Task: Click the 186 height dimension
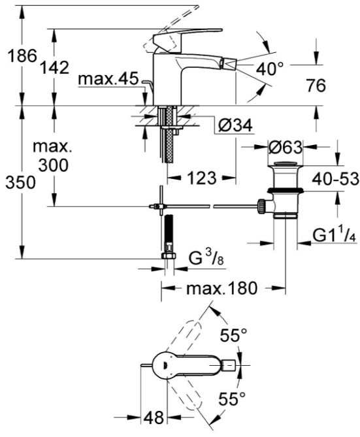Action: pos(22,55)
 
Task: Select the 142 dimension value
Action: pos(55,67)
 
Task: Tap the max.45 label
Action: pos(108,79)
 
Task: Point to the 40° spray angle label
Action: pos(269,69)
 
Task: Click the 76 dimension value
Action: pos(316,86)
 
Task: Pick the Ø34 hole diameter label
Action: pos(235,125)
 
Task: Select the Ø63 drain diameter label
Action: pos(285,148)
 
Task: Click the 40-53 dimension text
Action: pos(335,178)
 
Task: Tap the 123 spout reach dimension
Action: pos(202,178)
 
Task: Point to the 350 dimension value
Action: pos(21,183)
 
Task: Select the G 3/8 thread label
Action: pos(206,259)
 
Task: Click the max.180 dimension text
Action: pos(221,288)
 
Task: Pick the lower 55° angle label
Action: pos(232,398)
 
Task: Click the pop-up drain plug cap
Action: pos(285,164)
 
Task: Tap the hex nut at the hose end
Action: pos(169,256)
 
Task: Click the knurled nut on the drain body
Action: pos(261,206)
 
